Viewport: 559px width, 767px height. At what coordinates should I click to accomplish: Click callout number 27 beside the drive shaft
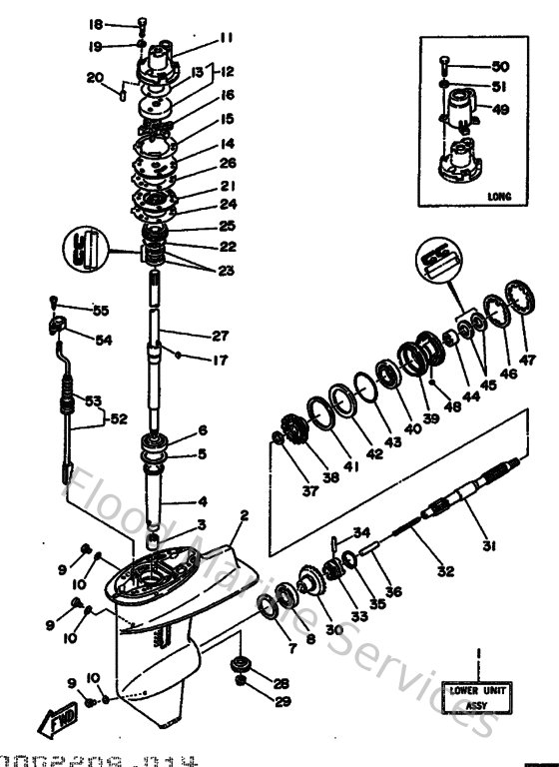(x=222, y=336)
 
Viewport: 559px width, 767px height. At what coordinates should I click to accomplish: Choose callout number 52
(x=119, y=417)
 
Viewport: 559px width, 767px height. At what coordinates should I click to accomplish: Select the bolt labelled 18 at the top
(x=143, y=24)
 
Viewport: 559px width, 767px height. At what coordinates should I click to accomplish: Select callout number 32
(x=445, y=571)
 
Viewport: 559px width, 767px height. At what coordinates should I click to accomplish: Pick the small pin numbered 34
(x=330, y=542)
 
